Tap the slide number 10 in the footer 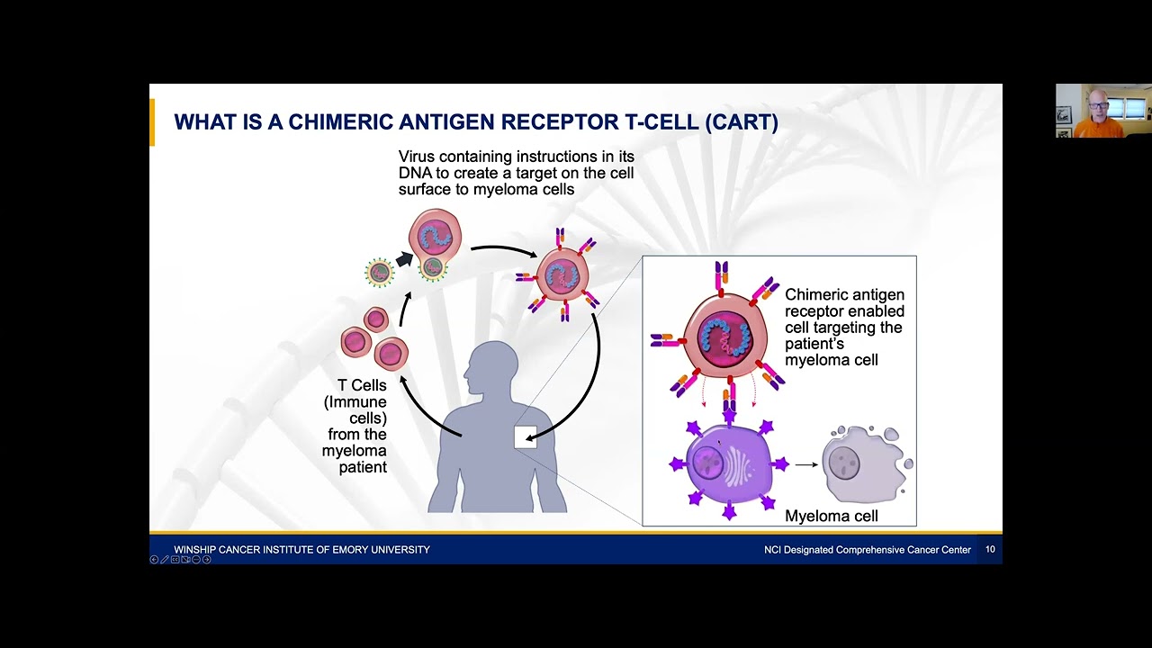click(990, 549)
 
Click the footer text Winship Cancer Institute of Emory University click(301, 550)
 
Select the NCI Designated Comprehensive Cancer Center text click(861, 550)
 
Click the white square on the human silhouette click(525, 437)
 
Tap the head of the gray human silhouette click(492, 365)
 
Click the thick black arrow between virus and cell click(404, 260)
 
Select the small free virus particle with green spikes click(380, 272)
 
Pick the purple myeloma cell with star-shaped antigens click(728, 466)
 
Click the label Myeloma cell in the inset click(831, 517)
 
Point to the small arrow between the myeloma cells click(806, 465)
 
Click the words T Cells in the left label click(362, 385)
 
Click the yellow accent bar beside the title click(152, 122)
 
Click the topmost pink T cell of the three click(376, 319)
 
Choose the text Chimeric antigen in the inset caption click(844, 295)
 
